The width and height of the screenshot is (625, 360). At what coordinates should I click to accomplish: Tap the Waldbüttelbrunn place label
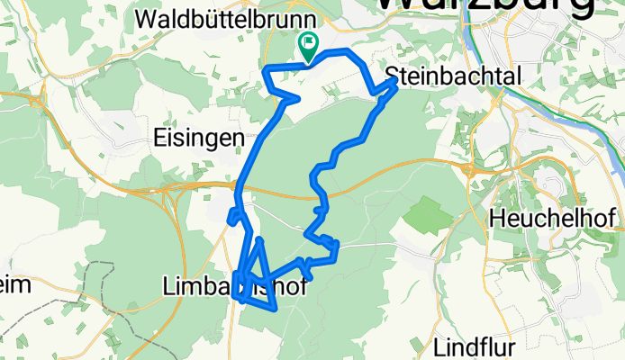(224, 19)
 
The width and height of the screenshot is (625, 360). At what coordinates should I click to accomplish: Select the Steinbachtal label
(454, 76)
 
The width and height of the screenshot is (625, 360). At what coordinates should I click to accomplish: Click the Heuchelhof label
(554, 218)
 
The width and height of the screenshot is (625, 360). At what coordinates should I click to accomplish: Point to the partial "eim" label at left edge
(15, 285)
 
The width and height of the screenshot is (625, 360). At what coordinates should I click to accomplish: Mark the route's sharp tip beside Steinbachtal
(395, 80)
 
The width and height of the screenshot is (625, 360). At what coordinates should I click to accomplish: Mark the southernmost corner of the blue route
(273, 309)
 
